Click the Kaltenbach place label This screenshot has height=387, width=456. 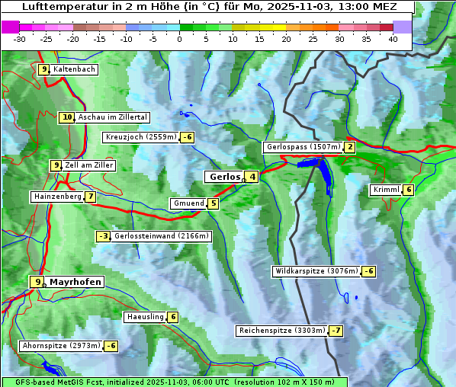coord(74,69)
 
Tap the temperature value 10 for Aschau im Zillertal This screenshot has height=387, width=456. coord(67,117)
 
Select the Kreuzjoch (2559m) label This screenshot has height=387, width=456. coord(140,137)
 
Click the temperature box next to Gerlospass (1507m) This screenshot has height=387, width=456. coord(350,147)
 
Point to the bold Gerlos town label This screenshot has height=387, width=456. coord(224,177)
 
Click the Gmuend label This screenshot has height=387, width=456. coord(188,203)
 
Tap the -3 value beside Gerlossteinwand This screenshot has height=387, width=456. coord(103,236)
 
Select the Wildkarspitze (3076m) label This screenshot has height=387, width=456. coord(316,271)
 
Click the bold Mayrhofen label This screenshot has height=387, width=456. coord(75,282)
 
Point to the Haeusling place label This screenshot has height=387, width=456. coord(144,317)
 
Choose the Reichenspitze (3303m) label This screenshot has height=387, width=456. coord(281,331)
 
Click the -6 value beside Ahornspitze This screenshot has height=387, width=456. coord(111,346)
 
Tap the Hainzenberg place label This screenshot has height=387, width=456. coord(56,197)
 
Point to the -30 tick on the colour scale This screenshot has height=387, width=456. coord(20,39)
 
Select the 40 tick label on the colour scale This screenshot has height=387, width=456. coord(393,39)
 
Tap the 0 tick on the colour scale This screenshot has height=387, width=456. coord(180,39)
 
